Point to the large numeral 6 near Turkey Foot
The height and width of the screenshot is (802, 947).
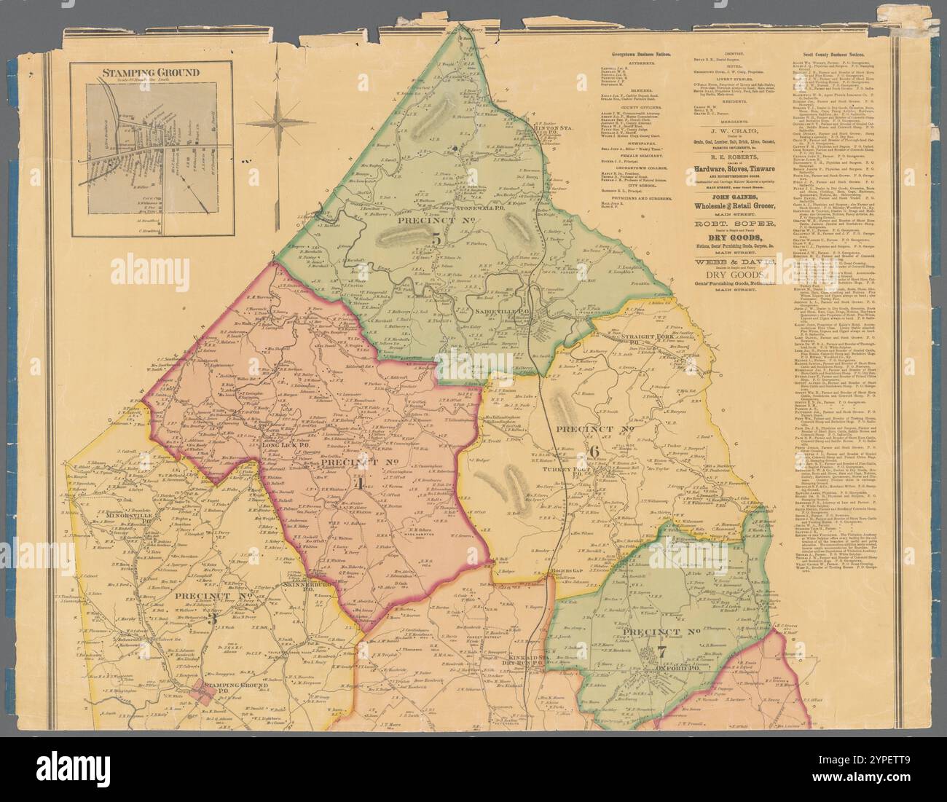[x=593, y=451]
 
